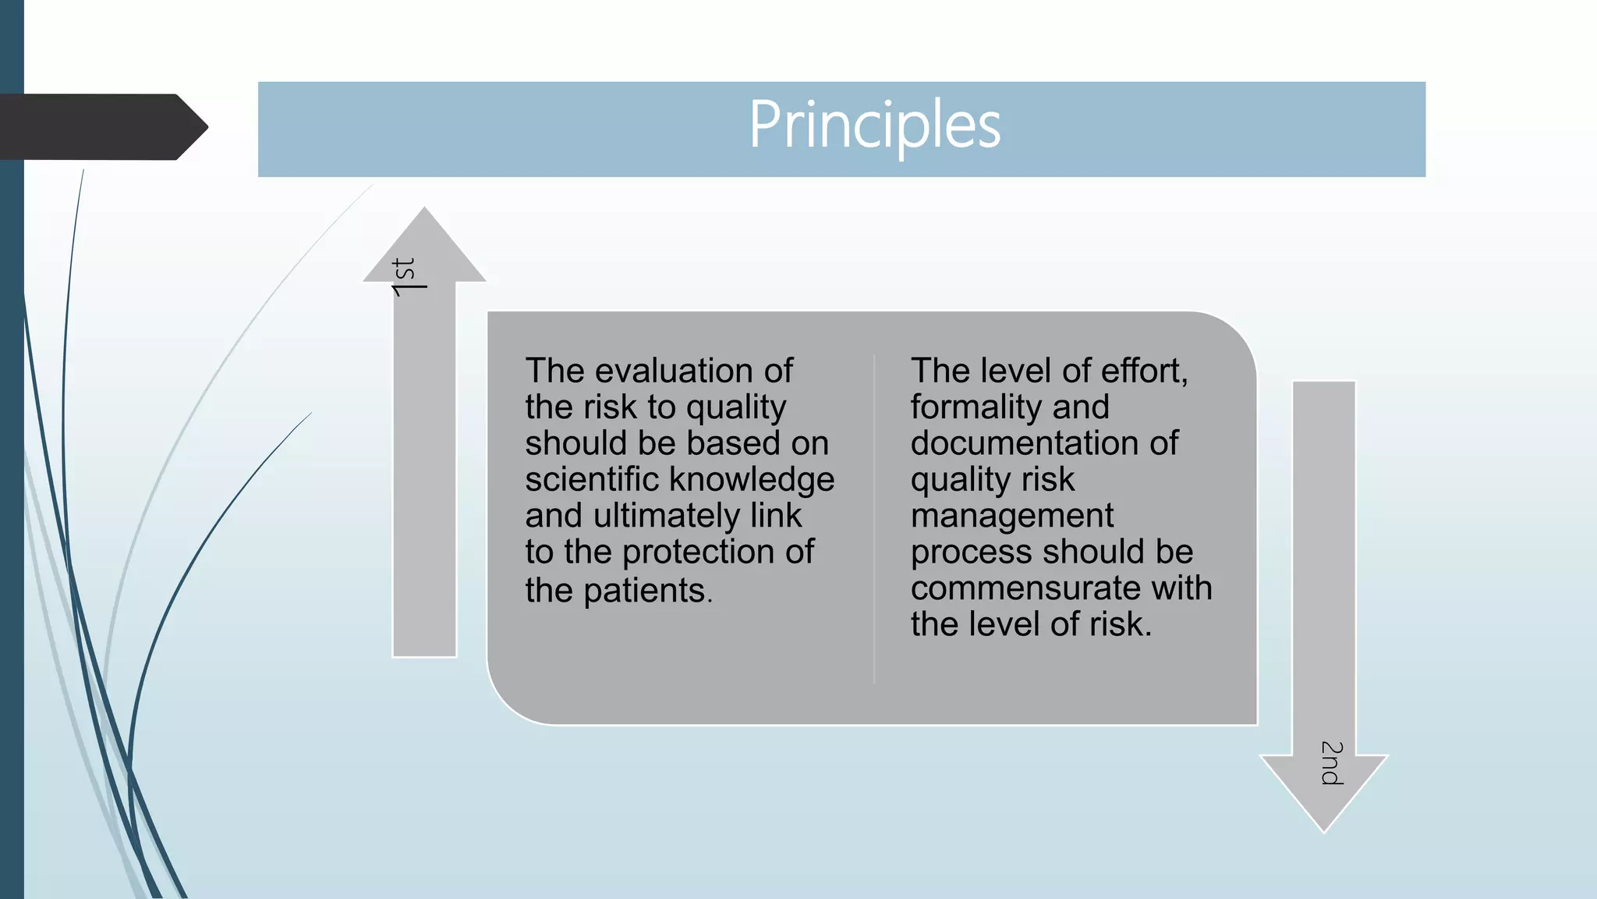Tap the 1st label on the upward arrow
[408, 277]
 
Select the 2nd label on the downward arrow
[1331, 763]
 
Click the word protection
[710, 552]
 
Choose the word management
[1012, 516]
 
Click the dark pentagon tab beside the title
[101, 127]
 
